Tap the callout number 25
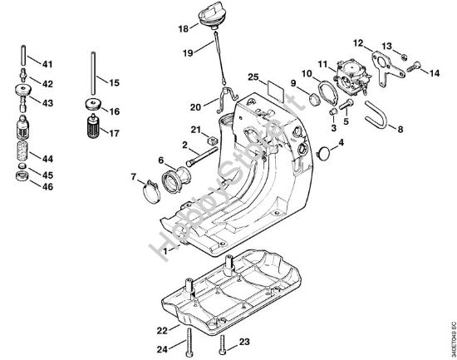pyautogui.click(x=252, y=77)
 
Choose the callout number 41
pyautogui.click(x=47, y=64)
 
